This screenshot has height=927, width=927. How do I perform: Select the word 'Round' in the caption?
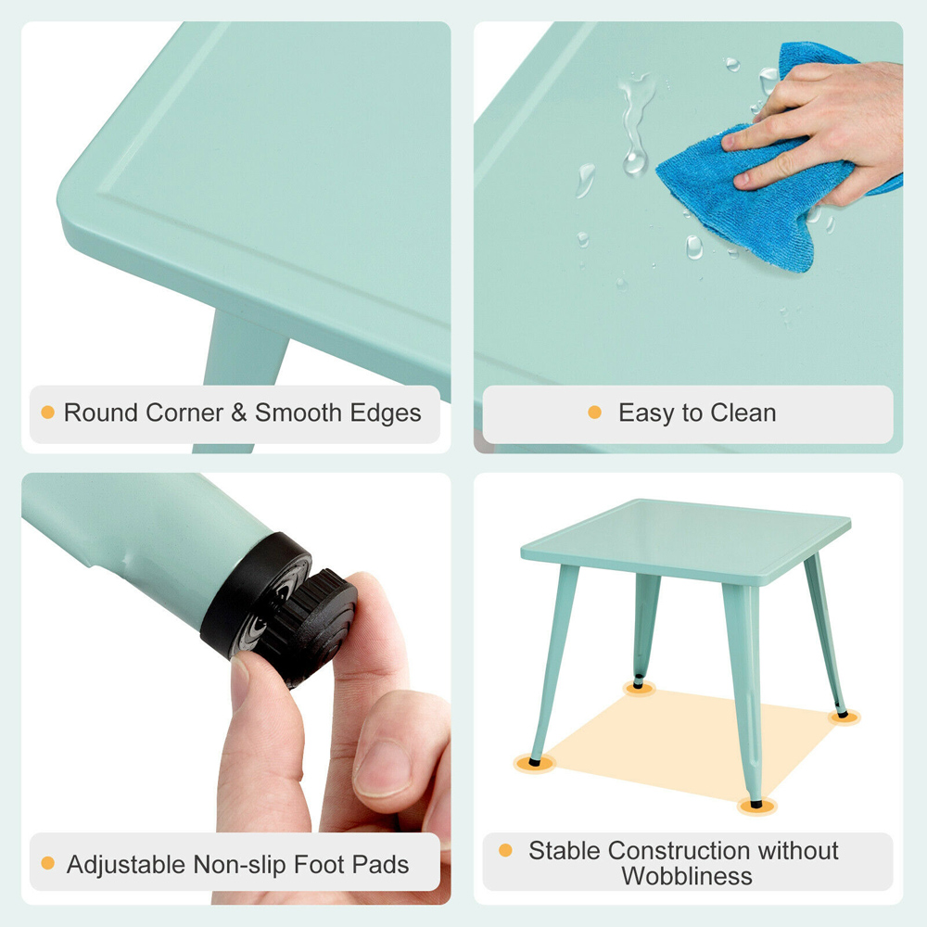(x=100, y=413)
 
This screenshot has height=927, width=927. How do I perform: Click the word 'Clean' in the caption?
(x=743, y=413)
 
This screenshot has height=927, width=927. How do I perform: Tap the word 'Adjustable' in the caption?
(x=126, y=865)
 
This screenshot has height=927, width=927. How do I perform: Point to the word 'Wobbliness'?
(x=687, y=875)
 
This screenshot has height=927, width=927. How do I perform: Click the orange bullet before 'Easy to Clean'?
(x=594, y=412)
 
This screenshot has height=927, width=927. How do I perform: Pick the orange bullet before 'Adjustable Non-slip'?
(x=47, y=864)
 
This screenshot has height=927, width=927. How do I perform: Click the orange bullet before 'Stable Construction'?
(x=505, y=850)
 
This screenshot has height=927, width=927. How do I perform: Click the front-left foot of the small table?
(x=535, y=762)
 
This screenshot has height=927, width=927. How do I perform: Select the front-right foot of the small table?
(x=756, y=803)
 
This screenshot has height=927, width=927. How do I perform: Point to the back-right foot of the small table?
(x=842, y=714)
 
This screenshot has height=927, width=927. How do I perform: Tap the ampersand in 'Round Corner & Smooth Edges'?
(x=239, y=413)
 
